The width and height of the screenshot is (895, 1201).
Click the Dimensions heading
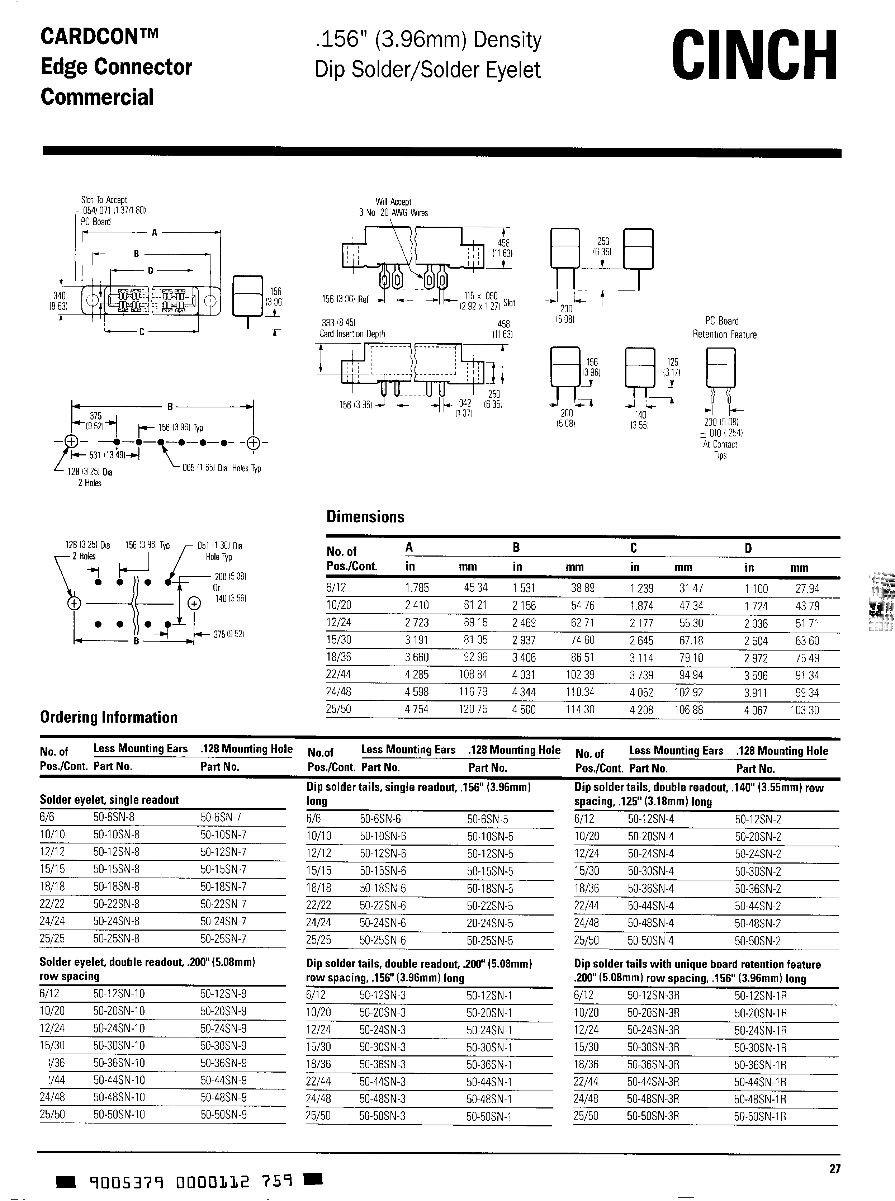365,517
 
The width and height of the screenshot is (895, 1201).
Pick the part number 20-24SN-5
490,923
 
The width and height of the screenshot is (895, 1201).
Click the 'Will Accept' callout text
393,202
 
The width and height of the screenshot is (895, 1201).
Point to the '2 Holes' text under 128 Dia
89,483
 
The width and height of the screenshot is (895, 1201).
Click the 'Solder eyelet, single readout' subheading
109,800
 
